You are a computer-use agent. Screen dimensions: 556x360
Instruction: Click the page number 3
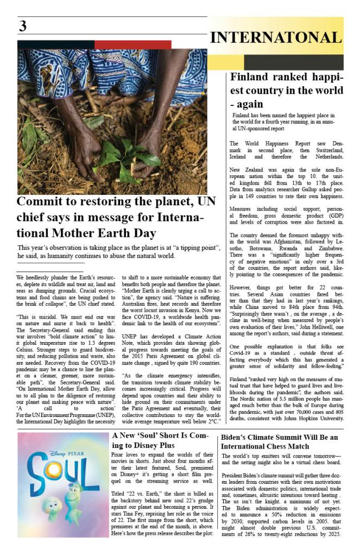[23, 26]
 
